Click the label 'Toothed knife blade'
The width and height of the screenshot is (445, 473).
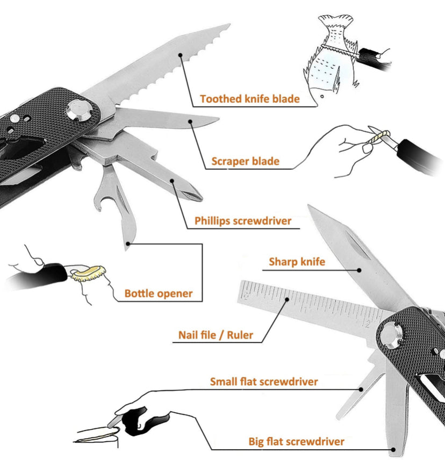pyautogui.click(x=249, y=99)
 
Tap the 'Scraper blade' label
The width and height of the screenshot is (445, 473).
pyautogui.click(x=245, y=161)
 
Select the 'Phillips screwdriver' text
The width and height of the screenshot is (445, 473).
pyautogui.click(x=243, y=221)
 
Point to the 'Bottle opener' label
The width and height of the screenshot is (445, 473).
pyautogui.click(x=158, y=293)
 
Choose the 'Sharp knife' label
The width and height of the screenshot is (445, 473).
pyautogui.click(x=297, y=262)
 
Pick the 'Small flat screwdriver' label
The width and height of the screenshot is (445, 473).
pyautogui.click(x=263, y=382)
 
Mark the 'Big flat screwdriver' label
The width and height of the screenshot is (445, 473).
pyautogui.click(x=296, y=442)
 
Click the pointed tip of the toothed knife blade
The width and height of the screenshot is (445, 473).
pyautogui.click(x=228, y=25)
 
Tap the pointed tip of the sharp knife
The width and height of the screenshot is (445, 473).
pyautogui.click(x=310, y=207)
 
